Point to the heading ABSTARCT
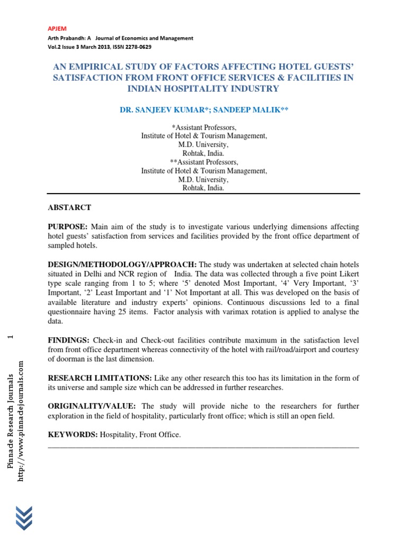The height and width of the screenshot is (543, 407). coord(69,207)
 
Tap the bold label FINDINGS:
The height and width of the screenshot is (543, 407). coord(69,340)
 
